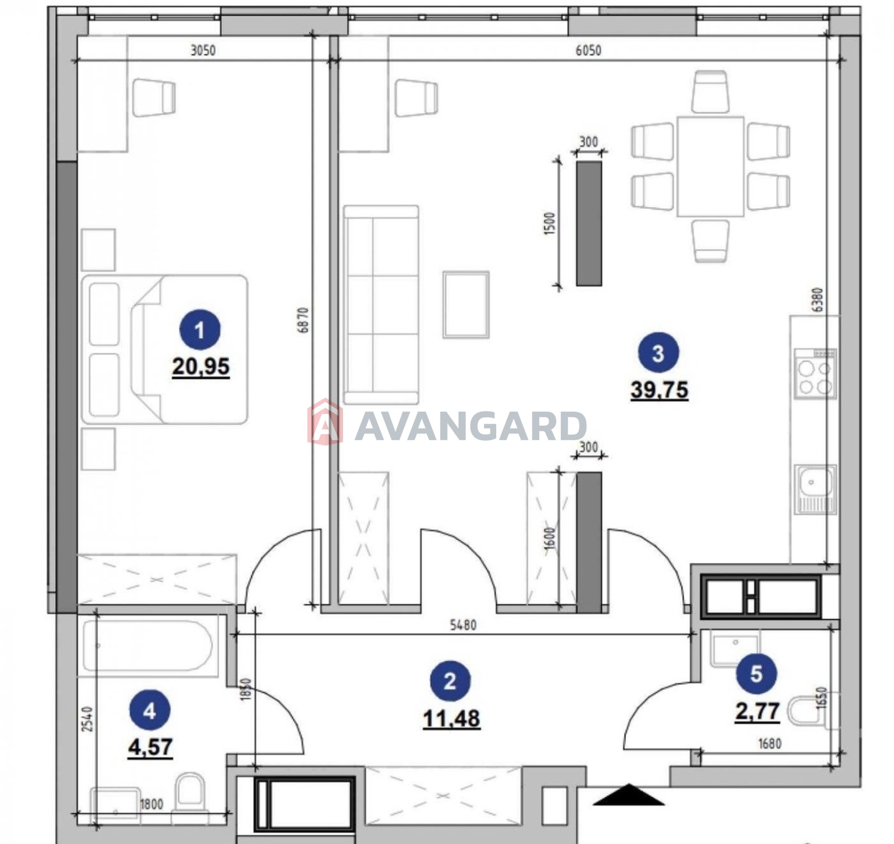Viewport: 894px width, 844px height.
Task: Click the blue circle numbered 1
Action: point(200,330)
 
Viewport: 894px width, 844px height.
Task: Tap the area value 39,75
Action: point(659,390)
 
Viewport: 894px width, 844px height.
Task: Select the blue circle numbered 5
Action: point(757,674)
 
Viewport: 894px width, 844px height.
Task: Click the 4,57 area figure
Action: point(150,747)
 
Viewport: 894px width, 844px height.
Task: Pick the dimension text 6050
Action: point(588,50)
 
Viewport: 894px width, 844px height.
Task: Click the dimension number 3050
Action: point(203,50)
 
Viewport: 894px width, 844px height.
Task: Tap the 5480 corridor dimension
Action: point(463,624)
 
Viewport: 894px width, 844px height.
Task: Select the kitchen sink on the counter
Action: point(816,489)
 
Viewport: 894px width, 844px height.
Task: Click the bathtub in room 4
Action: point(148,645)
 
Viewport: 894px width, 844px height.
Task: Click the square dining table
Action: point(710,166)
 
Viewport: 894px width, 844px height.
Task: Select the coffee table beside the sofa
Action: point(466,304)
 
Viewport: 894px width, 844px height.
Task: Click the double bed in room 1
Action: point(165,349)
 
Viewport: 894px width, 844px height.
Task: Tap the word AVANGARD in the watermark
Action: point(470,426)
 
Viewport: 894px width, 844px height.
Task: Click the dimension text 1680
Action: point(769,743)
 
